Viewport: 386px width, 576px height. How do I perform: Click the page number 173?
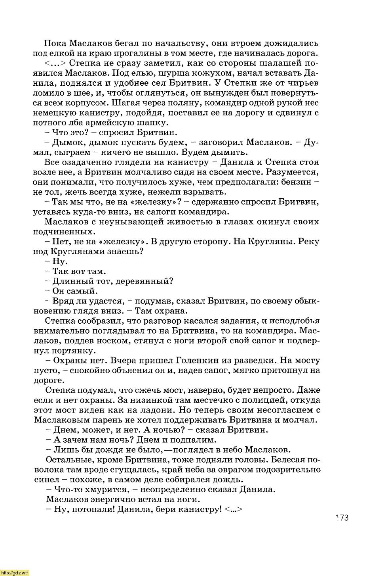click(342, 517)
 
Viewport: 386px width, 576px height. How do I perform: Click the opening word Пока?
click(55, 43)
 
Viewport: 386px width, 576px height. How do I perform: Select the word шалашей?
click(279, 63)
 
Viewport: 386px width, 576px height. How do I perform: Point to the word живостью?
click(186, 222)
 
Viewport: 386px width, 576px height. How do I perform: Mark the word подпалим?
click(195, 440)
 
